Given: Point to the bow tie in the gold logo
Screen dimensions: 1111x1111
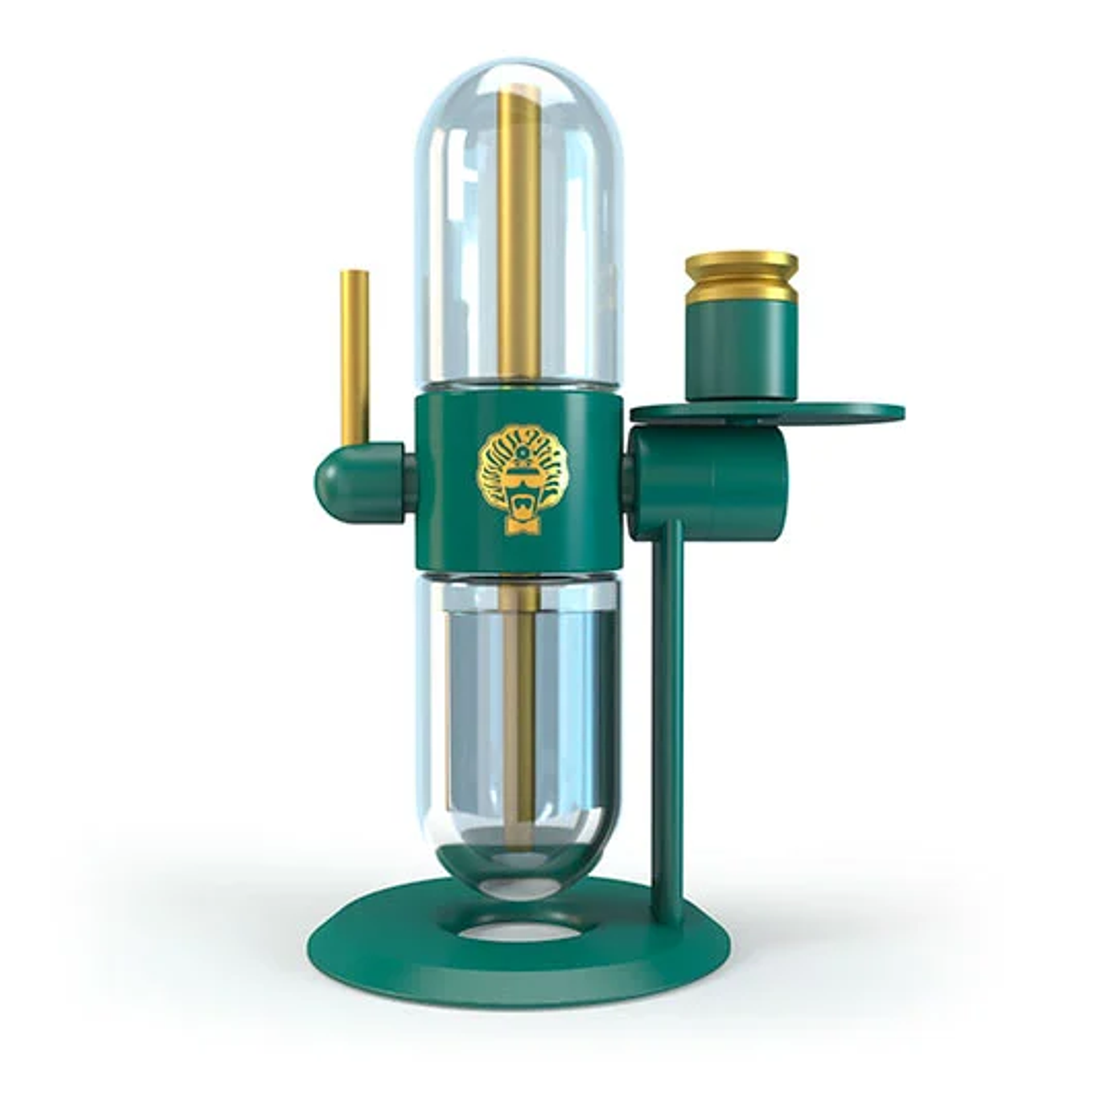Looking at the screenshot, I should pyautogui.click(x=518, y=528).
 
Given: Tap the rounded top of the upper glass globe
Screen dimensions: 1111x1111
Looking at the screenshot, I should pyautogui.click(x=518, y=76).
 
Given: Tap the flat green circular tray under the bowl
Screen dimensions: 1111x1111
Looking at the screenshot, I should pyautogui.click(x=842, y=412).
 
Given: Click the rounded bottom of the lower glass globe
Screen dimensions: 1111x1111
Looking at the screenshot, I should pyautogui.click(x=518, y=884).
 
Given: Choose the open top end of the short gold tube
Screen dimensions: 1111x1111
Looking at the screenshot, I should pyautogui.click(x=354, y=274).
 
